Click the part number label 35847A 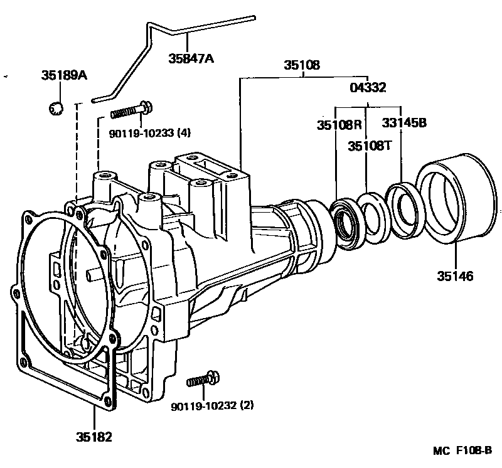(x=191, y=60)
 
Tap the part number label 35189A (x=64, y=76)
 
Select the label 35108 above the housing (x=301, y=65)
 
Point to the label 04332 (x=368, y=88)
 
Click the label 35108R (x=339, y=124)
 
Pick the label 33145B (x=404, y=124)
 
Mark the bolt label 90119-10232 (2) (x=212, y=405)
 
